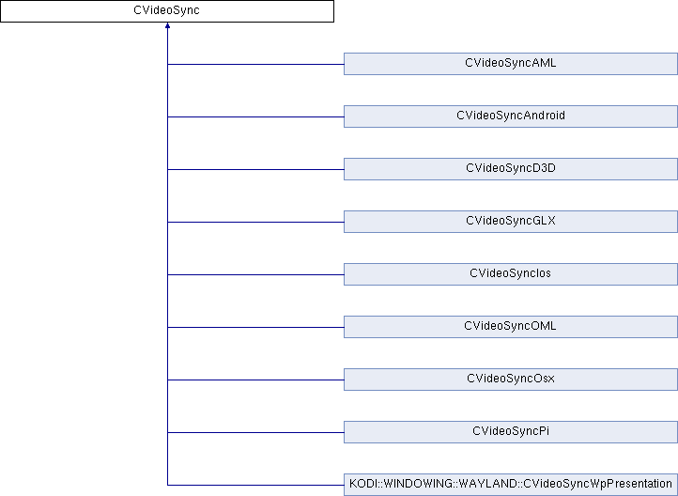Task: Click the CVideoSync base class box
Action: point(167,11)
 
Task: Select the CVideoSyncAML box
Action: point(511,64)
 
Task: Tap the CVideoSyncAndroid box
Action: point(511,116)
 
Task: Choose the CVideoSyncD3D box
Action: point(511,169)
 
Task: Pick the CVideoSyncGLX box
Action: point(511,222)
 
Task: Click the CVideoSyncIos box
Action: point(511,274)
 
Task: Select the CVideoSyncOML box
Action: point(511,327)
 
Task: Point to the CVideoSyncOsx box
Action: point(511,380)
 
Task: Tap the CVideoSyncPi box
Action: point(511,432)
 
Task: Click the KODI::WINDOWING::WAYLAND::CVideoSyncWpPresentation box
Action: point(511,485)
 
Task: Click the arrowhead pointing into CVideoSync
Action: point(167,25)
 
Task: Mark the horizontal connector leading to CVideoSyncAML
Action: point(255,65)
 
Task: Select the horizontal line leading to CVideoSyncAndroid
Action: point(255,116)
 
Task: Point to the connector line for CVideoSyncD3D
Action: point(255,169)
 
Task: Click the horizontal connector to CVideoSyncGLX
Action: point(255,223)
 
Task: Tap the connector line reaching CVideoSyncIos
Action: point(255,274)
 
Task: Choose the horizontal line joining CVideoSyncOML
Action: point(255,327)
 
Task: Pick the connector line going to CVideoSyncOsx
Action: point(255,380)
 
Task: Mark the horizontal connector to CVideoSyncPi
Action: point(255,432)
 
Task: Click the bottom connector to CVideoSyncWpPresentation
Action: point(255,485)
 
